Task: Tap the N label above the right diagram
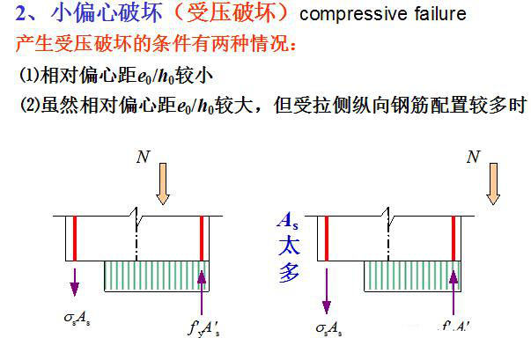[x=473, y=158]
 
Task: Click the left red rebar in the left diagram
[x=76, y=238]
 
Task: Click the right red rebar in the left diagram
[x=202, y=238]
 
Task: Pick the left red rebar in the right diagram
[x=327, y=238]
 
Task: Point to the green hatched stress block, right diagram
[x=414, y=275]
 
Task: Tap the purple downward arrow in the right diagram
[x=327, y=290]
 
